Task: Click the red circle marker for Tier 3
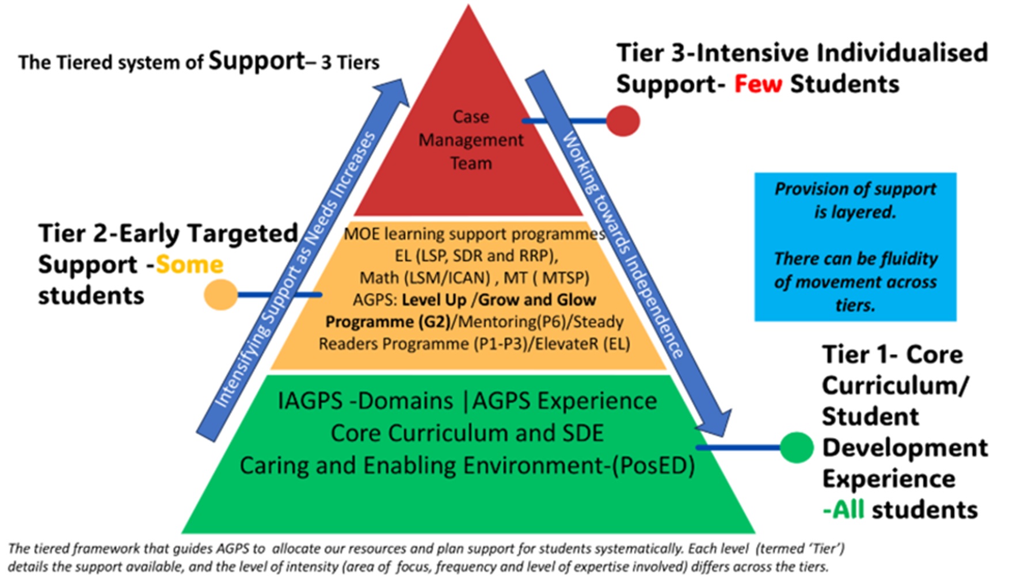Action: tap(623, 121)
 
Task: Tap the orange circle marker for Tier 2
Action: tap(221, 295)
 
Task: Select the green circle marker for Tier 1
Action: tap(797, 447)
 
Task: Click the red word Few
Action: tap(758, 85)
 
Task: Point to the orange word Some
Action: tap(189, 265)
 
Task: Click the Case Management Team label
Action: tap(471, 140)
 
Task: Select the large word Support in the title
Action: tap(257, 60)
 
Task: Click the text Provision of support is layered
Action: tap(855, 200)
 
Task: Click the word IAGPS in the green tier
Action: tap(310, 401)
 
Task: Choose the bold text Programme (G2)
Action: tap(387, 322)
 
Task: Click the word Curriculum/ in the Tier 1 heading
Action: tap(895, 386)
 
